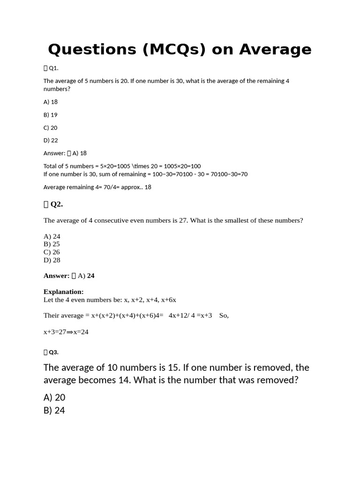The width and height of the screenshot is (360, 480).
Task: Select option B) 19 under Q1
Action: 51,114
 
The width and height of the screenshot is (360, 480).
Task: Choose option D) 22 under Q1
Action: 51,140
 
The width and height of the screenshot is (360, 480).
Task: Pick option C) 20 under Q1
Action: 51,127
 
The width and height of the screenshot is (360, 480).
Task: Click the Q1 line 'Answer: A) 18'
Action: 65,153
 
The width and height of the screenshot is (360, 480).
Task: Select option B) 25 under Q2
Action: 52,244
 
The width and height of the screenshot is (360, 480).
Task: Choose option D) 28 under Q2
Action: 52,260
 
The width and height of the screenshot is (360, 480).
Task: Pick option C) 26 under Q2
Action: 52,252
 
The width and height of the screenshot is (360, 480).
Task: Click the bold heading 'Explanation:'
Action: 64,292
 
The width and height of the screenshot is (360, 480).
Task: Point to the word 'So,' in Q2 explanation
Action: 224,315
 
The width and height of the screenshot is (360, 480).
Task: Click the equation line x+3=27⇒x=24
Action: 66,332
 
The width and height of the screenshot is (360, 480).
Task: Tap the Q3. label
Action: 53,352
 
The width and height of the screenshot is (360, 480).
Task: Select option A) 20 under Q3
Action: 54,397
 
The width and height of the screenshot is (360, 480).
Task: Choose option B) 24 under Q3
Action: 54,411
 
